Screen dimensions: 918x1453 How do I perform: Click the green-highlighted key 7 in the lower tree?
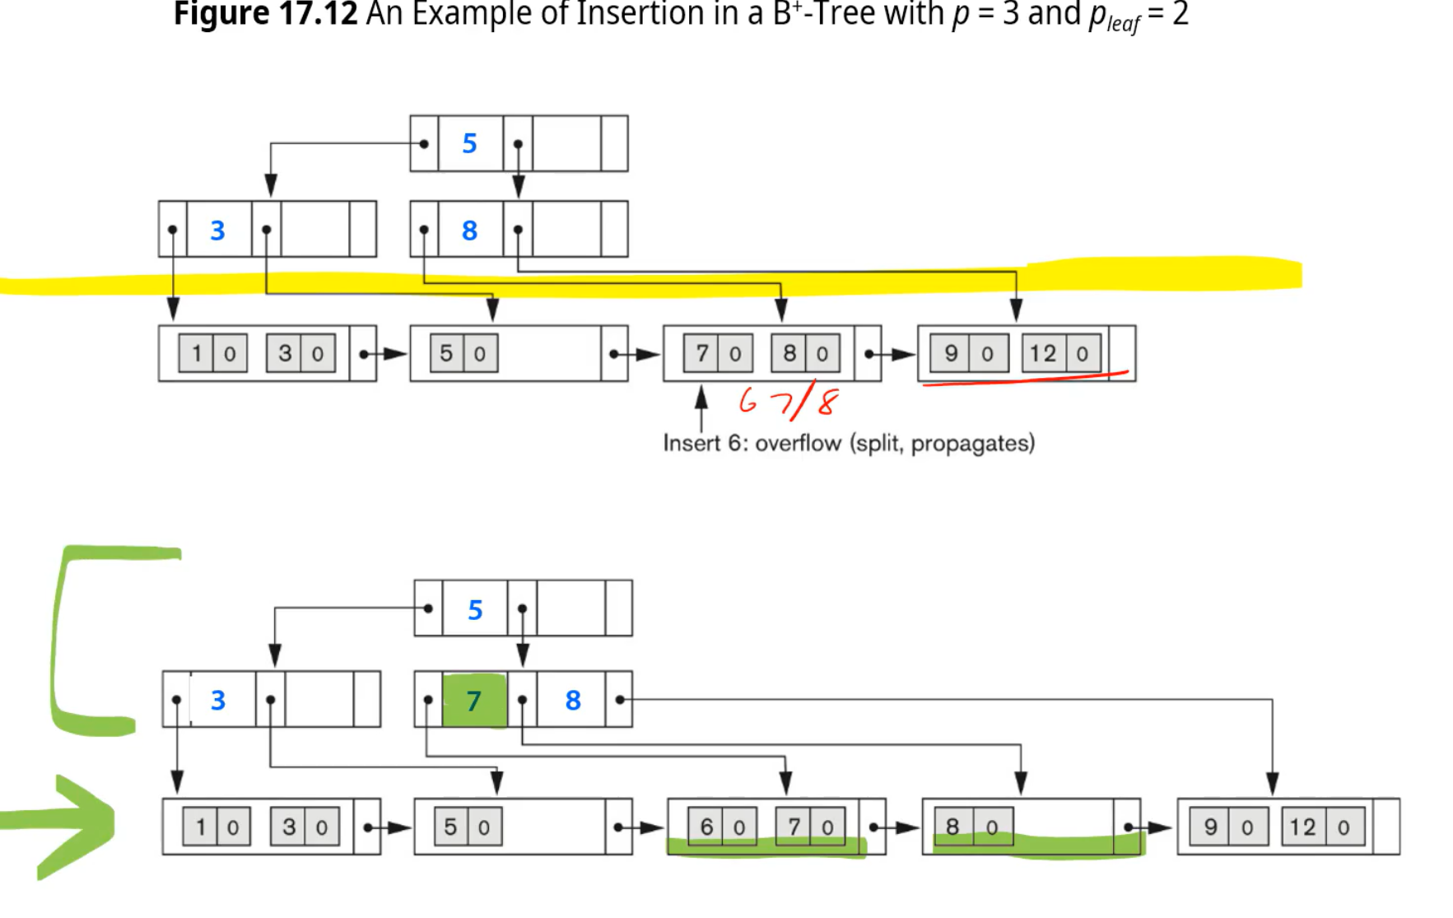473,701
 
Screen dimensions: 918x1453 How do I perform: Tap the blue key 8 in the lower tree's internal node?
573,701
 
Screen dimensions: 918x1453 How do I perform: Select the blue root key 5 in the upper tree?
469,144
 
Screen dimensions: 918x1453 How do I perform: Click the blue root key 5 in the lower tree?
475,610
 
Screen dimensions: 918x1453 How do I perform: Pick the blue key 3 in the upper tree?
217,231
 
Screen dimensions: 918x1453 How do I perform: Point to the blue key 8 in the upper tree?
469,231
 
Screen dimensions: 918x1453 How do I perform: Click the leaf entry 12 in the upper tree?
1043,354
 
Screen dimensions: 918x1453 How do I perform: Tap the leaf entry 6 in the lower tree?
706,827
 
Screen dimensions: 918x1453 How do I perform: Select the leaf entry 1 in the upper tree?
197,354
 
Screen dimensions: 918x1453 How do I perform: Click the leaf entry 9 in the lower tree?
1210,827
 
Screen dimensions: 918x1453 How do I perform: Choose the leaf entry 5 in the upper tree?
446,354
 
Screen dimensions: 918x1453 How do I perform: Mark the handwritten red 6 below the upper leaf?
747,402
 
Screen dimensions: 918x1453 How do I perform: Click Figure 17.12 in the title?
265,15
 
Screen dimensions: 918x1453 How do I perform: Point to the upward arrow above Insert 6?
701,407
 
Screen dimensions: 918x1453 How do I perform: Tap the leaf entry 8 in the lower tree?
952,827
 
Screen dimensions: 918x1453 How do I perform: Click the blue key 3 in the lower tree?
217,701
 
